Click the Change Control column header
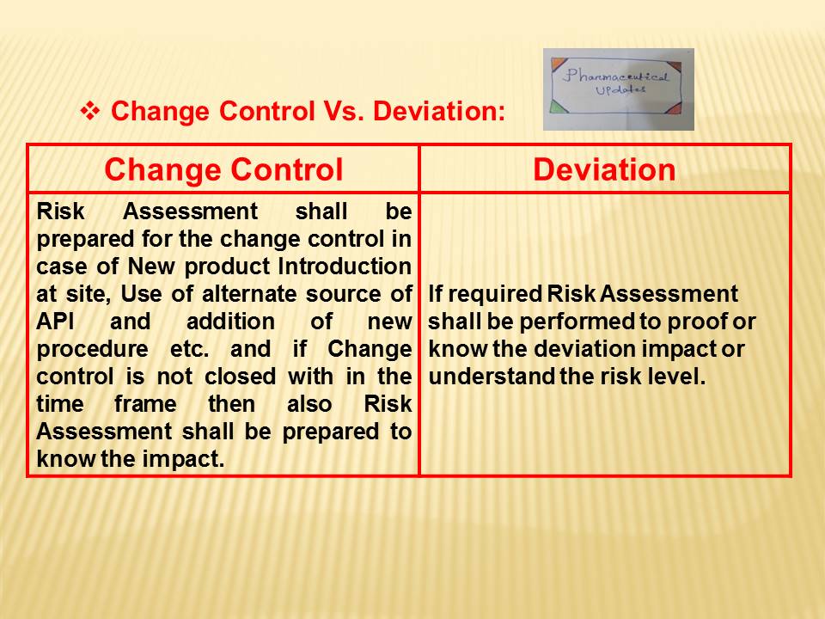point(223,169)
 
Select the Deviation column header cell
point(604,169)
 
